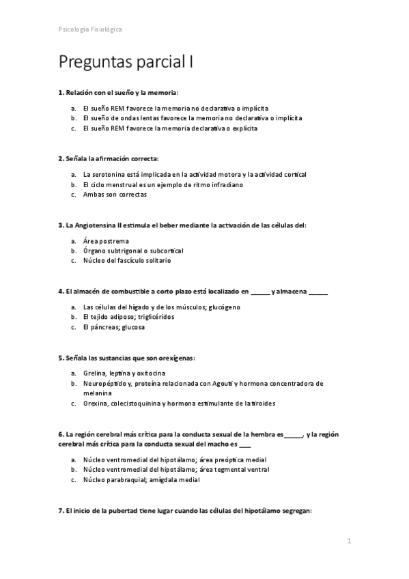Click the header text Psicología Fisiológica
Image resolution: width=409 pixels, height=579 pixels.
tap(91, 30)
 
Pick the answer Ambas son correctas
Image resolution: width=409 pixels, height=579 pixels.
tap(114, 194)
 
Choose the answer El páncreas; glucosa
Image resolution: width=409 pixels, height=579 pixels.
tap(113, 326)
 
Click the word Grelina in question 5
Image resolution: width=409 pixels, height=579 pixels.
tap(94, 373)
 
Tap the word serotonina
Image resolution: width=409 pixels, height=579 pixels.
tap(111, 175)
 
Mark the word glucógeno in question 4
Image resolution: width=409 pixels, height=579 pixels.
tap(225, 307)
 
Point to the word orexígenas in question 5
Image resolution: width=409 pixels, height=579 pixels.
tap(175, 356)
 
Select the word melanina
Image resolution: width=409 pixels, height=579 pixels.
tap(98, 393)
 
